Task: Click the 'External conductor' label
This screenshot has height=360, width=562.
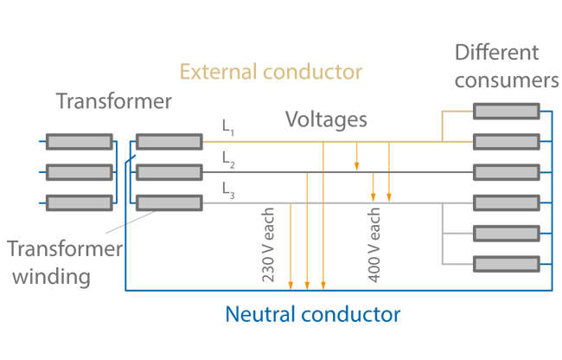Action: click(x=271, y=70)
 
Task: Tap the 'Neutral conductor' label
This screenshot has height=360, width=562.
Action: click(x=313, y=312)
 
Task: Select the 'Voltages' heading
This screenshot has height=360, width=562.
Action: click(x=326, y=119)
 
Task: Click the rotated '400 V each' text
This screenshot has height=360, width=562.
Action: click(x=374, y=246)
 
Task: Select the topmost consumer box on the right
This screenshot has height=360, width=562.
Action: click(x=506, y=111)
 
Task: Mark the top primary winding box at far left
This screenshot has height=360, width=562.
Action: click(x=79, y=142)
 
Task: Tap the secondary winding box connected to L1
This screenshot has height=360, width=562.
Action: click(x=169, y=142)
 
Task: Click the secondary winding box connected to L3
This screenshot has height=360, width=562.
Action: click(x=169, y=203)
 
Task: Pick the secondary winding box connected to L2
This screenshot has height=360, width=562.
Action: click(x=169, y=172)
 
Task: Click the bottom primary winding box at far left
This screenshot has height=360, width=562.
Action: click(x=79, y=203)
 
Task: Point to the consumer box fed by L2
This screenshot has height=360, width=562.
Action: click(x=506, y=172)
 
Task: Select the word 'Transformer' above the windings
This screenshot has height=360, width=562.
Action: click(x=114, y=101)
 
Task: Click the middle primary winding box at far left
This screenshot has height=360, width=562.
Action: click(x=79, y=172)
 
